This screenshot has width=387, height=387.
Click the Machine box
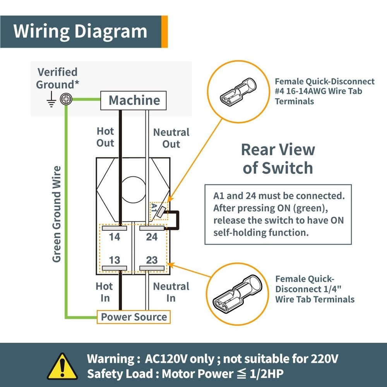coord(134,101)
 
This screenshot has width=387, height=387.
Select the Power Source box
coord(134,317)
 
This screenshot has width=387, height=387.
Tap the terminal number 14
coord(115,236)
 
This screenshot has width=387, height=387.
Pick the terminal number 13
coord(115,260)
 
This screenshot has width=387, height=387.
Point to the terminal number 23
coord(152,260)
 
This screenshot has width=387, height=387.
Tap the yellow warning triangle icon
coord(62,366)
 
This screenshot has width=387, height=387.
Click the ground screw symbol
coord(67,100)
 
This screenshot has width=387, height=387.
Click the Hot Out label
coord(105,137)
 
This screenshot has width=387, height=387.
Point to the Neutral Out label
coord(171,138)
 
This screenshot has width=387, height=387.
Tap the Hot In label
coord(104,292)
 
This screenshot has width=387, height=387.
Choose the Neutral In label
coord(171,292)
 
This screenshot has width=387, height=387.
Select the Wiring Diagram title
coord(80,31)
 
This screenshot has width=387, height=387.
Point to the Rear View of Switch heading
coord(278,159)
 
